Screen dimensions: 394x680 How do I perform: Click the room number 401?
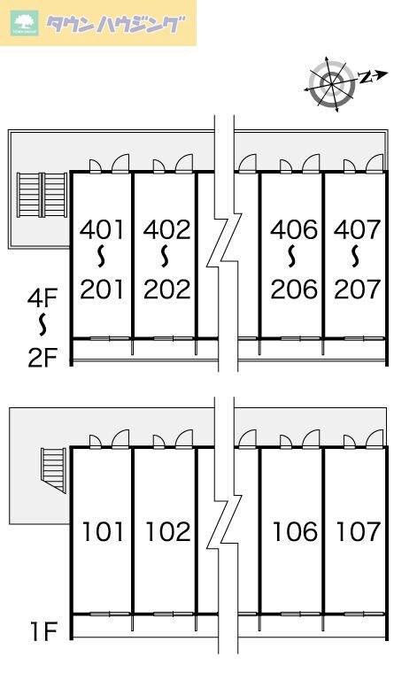102,229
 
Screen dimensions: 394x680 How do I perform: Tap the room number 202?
166,290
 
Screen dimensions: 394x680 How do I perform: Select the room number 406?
294,229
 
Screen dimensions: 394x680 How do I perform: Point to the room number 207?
357,290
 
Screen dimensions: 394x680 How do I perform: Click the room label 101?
104,531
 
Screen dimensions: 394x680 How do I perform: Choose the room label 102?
167,531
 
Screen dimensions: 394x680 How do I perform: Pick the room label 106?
295,531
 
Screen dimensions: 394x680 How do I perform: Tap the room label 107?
359,531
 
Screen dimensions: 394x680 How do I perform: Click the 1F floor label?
43,631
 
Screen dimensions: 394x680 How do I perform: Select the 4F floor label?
42,298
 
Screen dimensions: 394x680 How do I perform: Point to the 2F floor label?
42,358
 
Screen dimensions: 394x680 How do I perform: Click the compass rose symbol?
332,82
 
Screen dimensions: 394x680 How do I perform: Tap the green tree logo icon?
25,23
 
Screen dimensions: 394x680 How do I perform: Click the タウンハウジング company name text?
115,25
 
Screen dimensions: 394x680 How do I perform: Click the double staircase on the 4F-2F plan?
42,195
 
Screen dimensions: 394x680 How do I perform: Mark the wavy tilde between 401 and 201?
102,256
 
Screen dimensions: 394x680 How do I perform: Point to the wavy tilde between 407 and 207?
356,256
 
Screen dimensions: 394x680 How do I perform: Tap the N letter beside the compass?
367,78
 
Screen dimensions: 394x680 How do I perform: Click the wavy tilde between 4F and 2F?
42,324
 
